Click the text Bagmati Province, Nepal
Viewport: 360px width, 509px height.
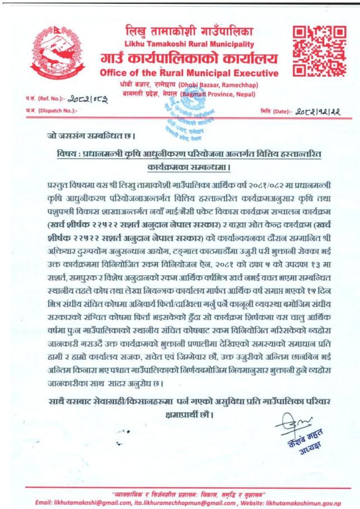(x=213, y=94)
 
